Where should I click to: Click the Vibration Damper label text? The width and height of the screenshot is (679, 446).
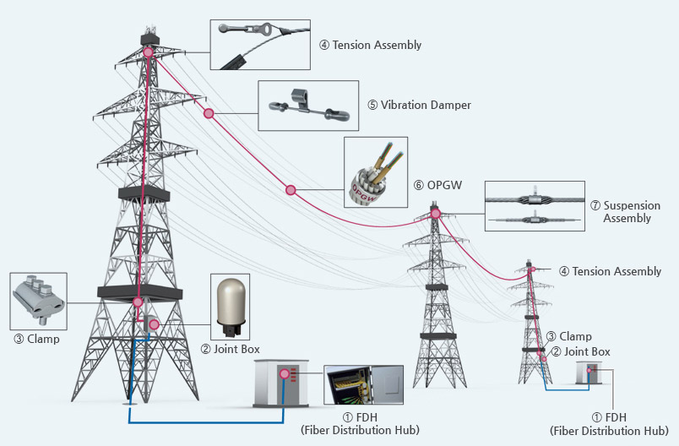tap(419, 106)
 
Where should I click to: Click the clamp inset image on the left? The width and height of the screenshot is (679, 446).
tap(39, 300)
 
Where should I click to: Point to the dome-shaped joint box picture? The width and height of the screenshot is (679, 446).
tap(234, 300)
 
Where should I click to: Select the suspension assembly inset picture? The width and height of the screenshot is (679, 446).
tap(533, 206)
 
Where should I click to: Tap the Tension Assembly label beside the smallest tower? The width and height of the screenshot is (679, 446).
tap(610, 271)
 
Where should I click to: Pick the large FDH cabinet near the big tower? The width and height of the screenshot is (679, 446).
tap(281, 383)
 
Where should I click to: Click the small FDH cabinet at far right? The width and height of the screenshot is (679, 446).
tap(589, 373)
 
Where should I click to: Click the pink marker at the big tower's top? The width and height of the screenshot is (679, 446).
tap(149, 52)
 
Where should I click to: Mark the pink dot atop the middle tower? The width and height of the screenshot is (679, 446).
tap(435, 214)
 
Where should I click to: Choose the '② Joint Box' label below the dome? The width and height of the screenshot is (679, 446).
tap(234, 348)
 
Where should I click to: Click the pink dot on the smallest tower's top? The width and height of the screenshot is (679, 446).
tap(532, 270)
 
